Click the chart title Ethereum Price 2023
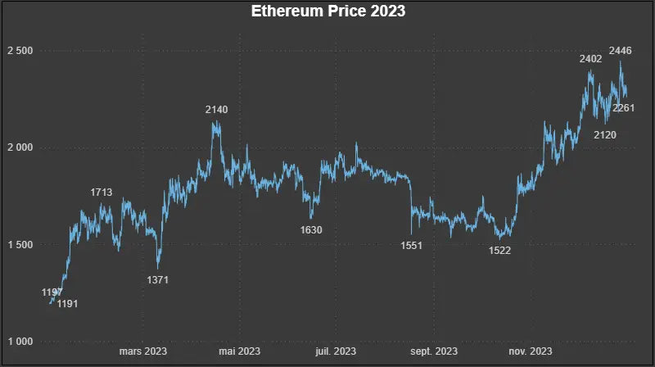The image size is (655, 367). click(327, 12)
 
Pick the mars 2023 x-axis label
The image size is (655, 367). click(143, 351)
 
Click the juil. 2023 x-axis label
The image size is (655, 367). click(336, 351)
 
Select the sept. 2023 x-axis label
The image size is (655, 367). click(434, 351)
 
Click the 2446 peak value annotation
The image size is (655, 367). click(621, 51)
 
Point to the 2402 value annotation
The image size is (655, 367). click(590, 59)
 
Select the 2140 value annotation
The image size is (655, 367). click(217, 109)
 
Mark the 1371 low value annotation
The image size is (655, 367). click(157, 280)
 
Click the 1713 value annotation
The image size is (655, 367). click(102, 193)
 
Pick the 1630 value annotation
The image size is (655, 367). click(311, 230)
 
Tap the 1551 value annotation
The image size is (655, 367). click(412, 246)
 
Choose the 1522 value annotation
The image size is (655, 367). click(499, 251)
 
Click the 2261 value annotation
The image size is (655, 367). click(624, 108)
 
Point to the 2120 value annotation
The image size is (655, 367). click(605, 134)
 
